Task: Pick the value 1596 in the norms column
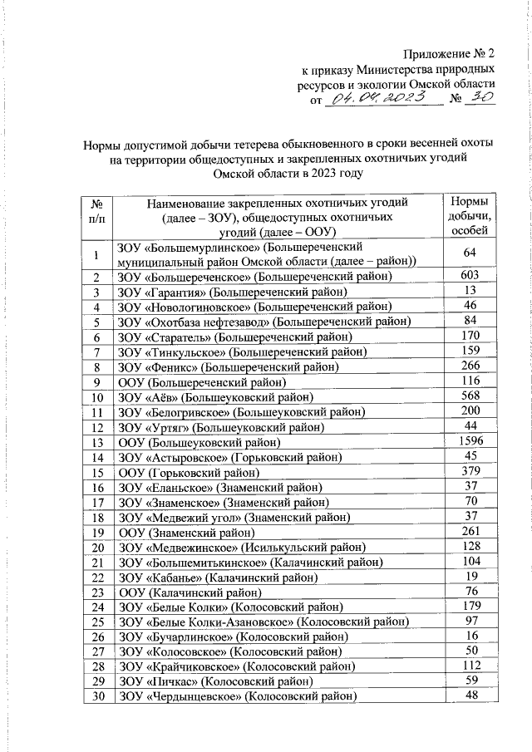pos(470,442)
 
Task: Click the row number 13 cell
pos(97,442)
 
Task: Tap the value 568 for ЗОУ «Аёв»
pos(470,396)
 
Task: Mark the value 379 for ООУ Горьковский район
pos(470,472)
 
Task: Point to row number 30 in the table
pos(97,697)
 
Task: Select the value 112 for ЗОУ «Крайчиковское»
pos(470,667)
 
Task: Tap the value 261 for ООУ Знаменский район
pos(470,532)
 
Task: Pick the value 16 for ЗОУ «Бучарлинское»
pos(470,636)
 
